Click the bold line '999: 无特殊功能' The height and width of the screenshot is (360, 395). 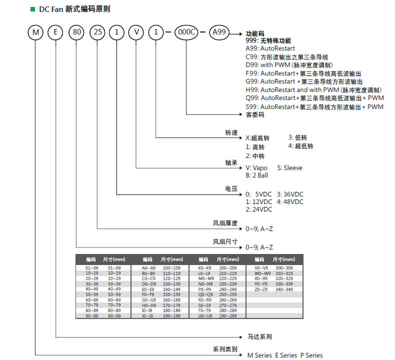tap(268, 40)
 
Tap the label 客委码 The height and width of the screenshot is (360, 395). tap(255, 114)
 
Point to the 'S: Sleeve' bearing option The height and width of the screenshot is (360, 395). tap(289, 168)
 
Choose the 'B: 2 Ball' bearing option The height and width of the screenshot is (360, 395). tap(256, 175)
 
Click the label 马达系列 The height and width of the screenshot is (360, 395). tap(260, 337)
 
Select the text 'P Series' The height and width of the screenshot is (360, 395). tap(311, 355)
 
